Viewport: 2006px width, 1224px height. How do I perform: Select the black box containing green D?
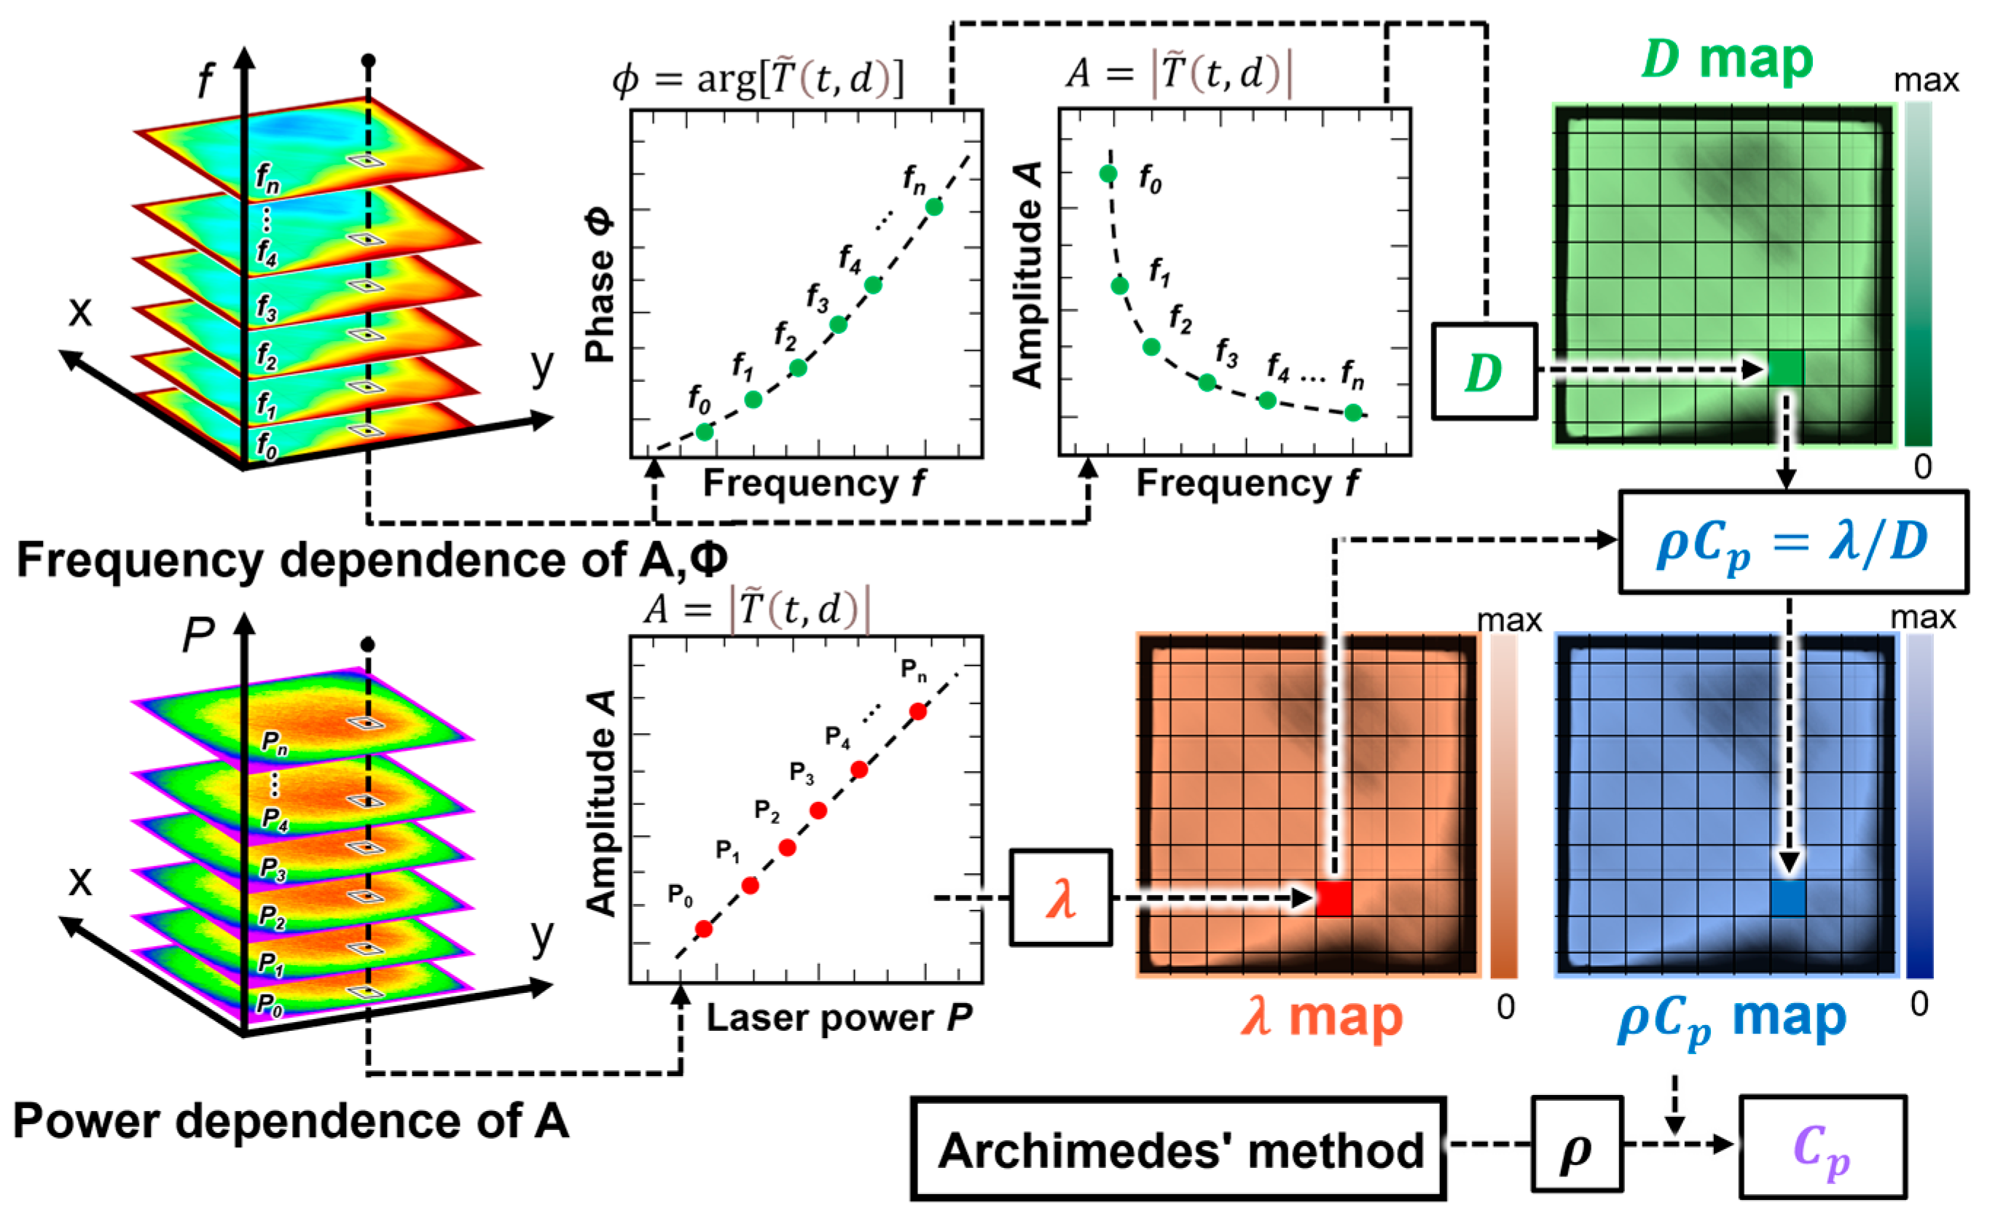pyautogui.click(x=1484, y=373)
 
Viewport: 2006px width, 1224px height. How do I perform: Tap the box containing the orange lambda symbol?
pyautogui.click(x=1060, y=898)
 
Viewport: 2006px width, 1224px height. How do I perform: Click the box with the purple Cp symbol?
pyautogui.click(x=1822, y=1147)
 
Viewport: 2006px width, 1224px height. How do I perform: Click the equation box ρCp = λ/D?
pyautogui.click(x=1793, y=542)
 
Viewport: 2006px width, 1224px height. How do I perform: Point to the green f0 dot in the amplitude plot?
pyautogui.click(x=1108, y=174)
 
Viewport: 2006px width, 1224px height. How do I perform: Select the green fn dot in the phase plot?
pyautogui.click(x=934, y=208)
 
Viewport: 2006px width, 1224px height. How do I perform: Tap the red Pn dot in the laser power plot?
pyautogui.click(x=917, y=712)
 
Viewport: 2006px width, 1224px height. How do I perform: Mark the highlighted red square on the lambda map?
pyautogui.click(x=1334, y=899)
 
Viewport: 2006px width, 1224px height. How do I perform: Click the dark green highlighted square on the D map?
pyautogui.click(x=1785, y=369)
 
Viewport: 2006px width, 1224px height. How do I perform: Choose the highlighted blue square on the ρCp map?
pyautogui.click(x=1788, y=899)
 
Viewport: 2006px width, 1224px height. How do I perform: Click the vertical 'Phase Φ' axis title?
pyautogui.click(x=601, y=289)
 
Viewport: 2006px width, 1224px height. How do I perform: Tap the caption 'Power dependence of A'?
pyautogui.click(x=291, y=1121)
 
